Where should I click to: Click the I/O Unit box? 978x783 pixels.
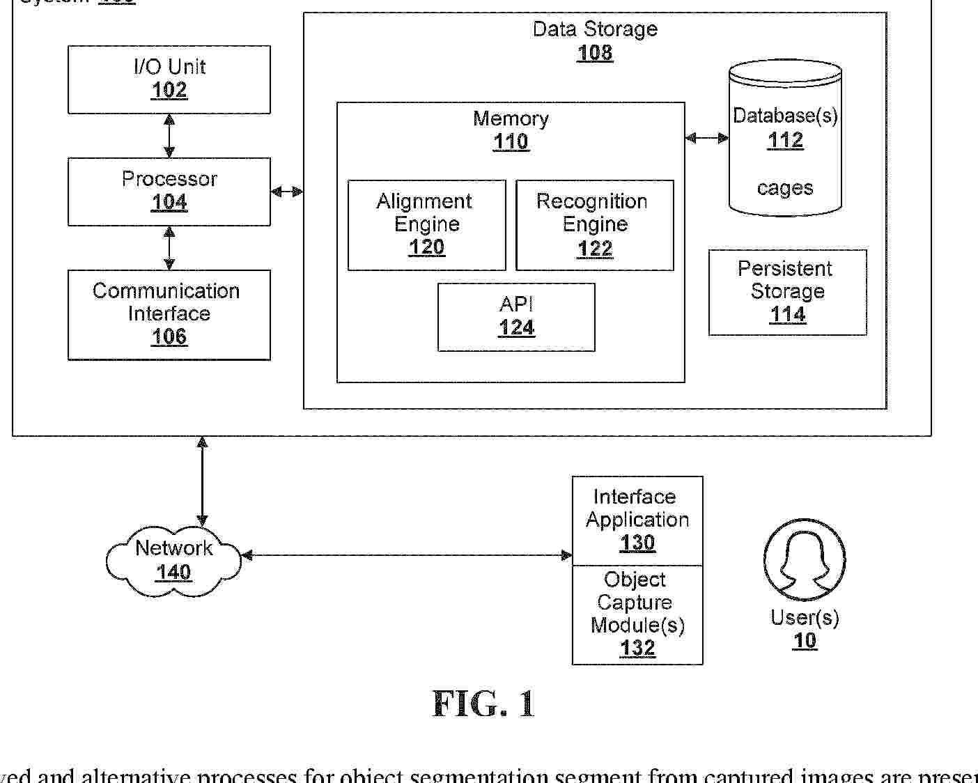tap(169, 79)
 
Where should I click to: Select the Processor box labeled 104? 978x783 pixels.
tap(169, 192)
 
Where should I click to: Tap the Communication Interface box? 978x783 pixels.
tap(169, 315)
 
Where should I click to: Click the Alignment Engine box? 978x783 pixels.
tap(426, 225)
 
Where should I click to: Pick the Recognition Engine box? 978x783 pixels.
tap(594, 225)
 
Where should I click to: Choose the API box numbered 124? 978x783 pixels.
tap(516, 317)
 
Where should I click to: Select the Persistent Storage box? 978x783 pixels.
tap(787, 293)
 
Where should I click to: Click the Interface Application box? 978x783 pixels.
tap(637, 520)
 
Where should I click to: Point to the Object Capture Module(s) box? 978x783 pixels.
tap(637, 614)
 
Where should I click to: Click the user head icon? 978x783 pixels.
tap(805, 559)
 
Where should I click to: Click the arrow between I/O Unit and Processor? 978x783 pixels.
tap(169, 136)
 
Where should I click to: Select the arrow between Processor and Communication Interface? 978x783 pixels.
tap(169, 248)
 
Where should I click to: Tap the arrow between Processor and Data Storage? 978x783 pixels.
tap(287, 192)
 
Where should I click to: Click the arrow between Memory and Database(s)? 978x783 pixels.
tap(706, 138)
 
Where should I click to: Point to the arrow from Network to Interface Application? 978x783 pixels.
tap(406, 555)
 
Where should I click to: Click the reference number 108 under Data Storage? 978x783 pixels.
tap(594, 53)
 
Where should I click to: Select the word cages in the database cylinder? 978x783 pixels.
tap(785, 188)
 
